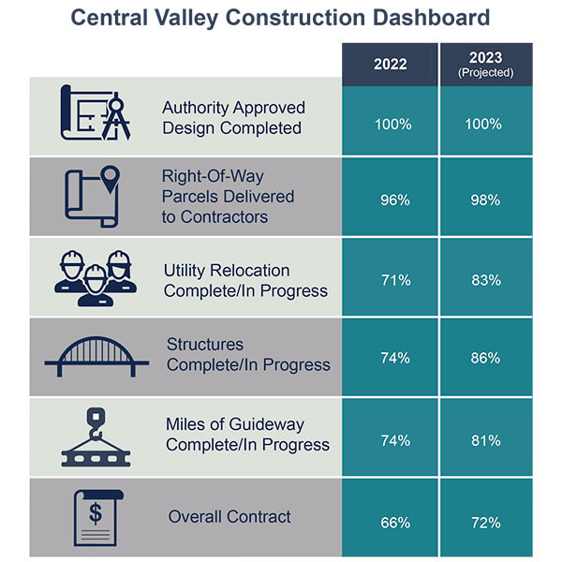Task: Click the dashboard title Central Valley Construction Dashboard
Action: coord(280,18)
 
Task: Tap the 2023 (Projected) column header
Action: coord(486,66)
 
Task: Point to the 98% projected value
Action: coord(486,199)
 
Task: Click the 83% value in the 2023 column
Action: coord(486,280)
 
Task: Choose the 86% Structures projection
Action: coord(486,359)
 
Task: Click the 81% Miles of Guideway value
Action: coord(486,440)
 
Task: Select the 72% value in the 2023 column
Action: coord(486,520)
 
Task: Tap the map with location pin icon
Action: coord(94,197)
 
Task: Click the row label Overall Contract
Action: coord(229,516)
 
